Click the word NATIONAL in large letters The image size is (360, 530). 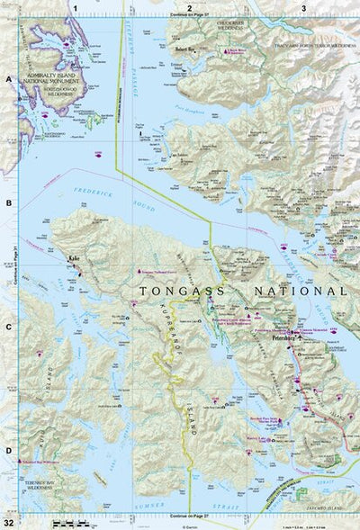pyautogui.click(x=301, y=292)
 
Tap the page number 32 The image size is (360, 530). pyautogui.click(x=8, y=522)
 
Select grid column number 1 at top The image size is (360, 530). pyautogui.click(x=76, y=7)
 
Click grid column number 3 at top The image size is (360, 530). pyautogui.click(x=303, y=7)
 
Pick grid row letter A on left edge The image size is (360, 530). pyautogui.click(x=9, y=79)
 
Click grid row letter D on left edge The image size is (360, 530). pyautogui.click(x=9, y=450)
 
